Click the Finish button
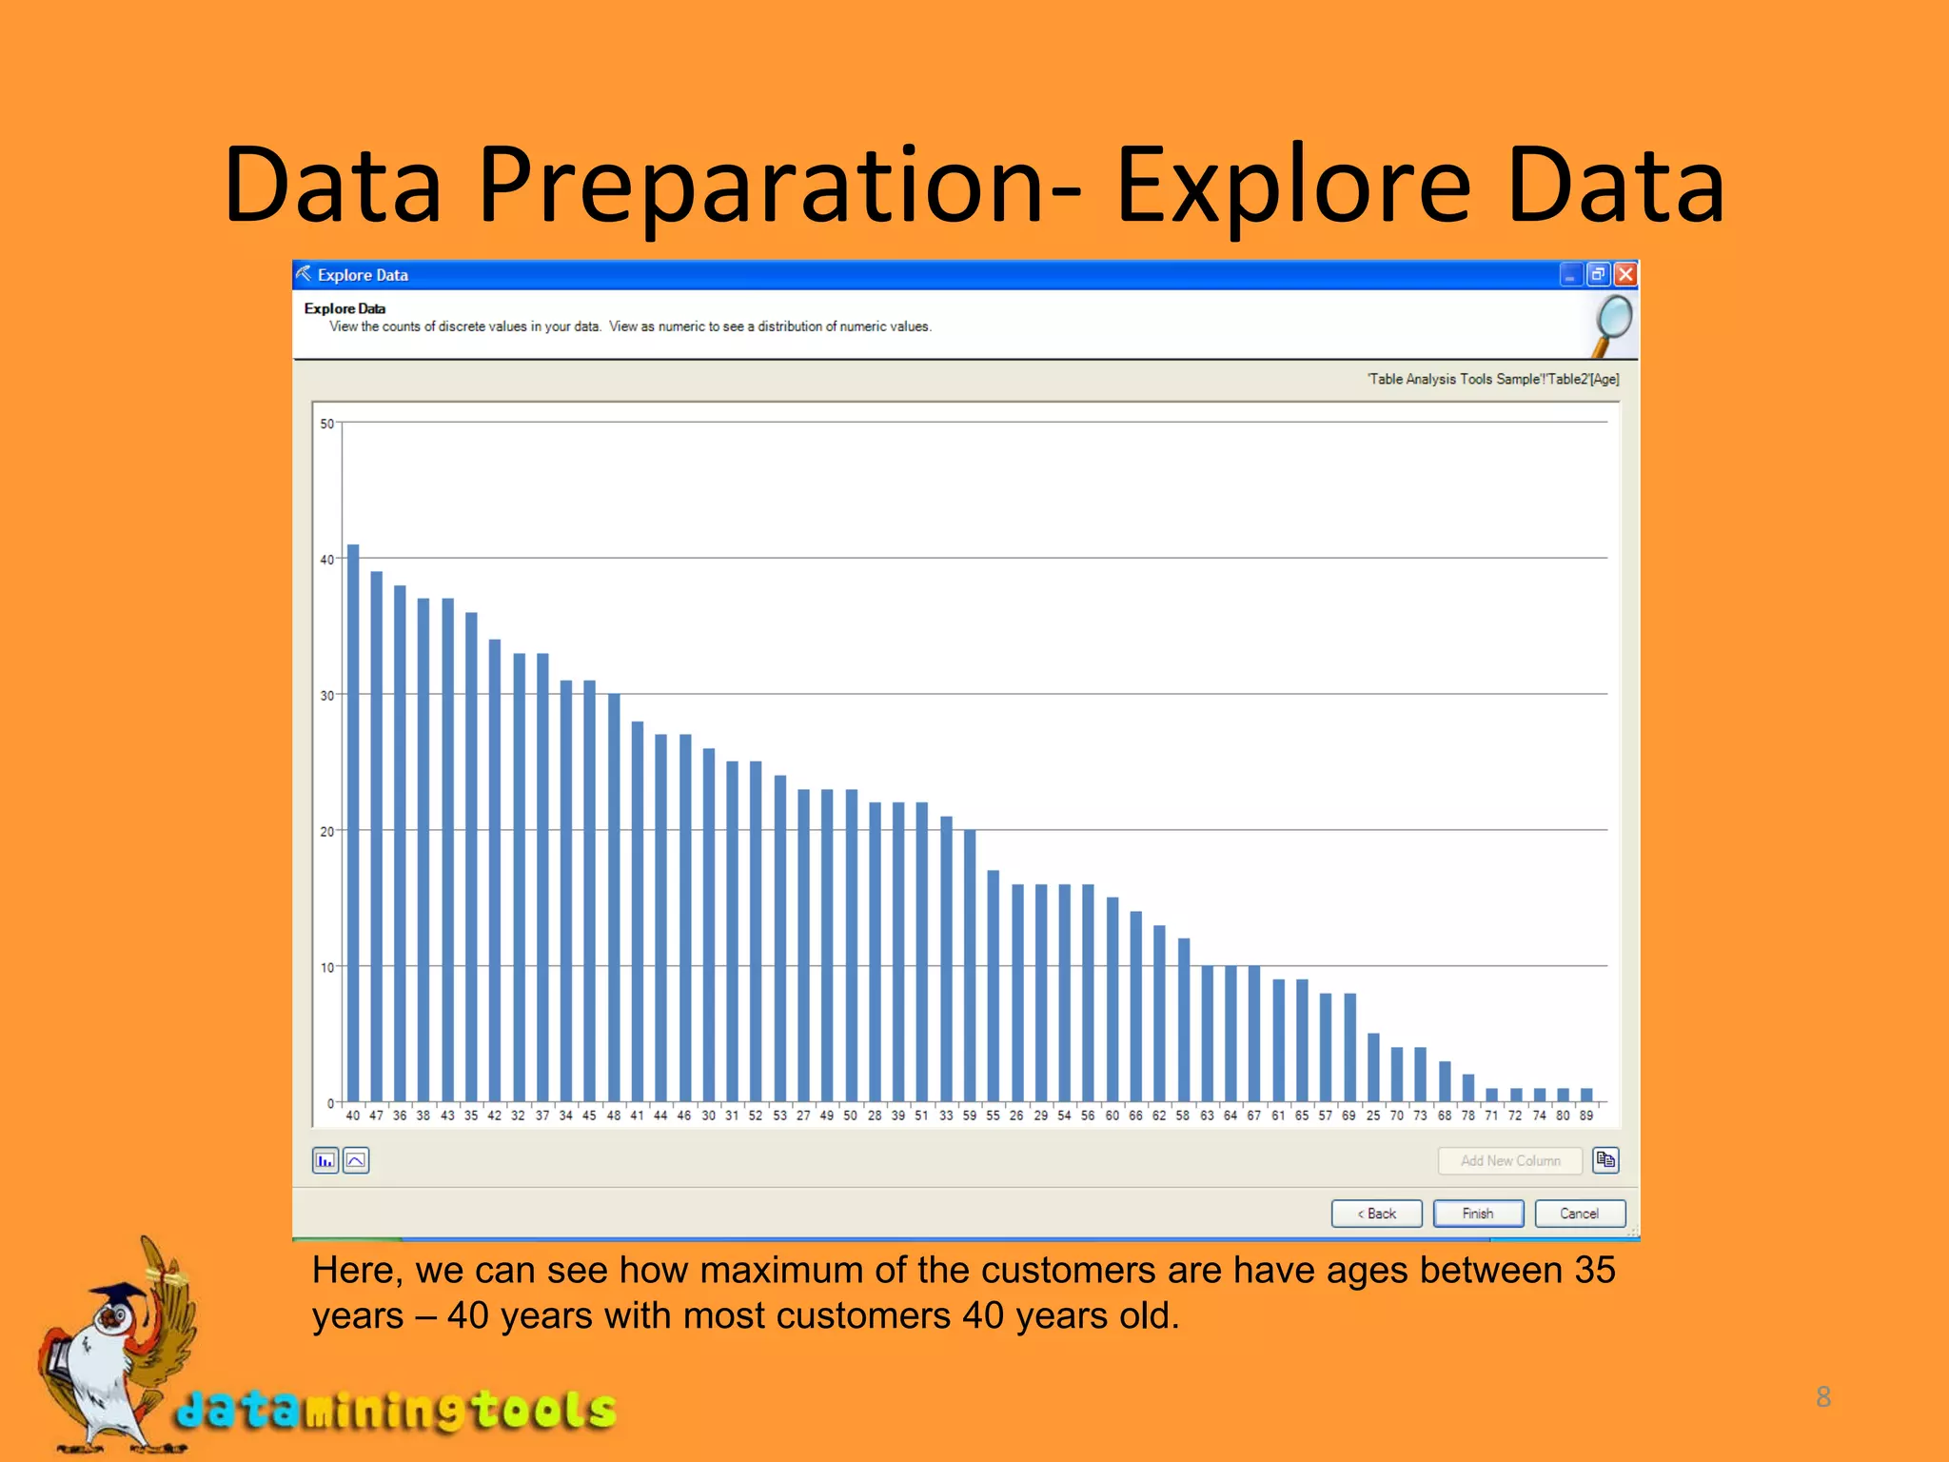[1478, 1214]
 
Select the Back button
[1376, 1214]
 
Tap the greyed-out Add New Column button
[1510, 1161]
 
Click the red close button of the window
[1626, 275]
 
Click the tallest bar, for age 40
[353, 824]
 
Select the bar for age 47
[377, 838]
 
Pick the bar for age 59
[970, 966]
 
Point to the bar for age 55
[994, 987]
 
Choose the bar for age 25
[1373, 1068]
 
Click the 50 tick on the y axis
[327, 424]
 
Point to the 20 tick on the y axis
[327, 832]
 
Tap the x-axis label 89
[1586, 1116]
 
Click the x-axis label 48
[614, 1116]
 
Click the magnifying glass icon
[1612, 325]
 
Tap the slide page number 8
[1823, 1396]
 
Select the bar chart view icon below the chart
[325, 1161]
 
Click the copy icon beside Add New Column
[1606, 1160]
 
